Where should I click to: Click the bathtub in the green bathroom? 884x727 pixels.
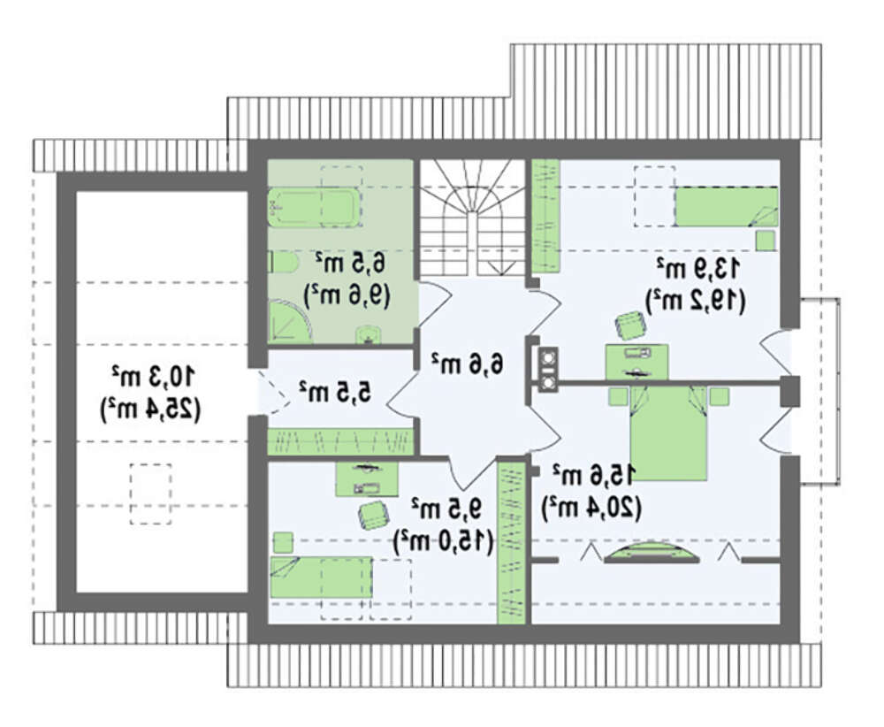[314, 207]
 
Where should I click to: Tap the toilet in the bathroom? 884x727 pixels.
[283, 263]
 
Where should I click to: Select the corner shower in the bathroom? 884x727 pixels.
[289, 321]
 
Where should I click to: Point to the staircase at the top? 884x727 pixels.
[472, 218]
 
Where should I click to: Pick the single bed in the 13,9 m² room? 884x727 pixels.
[727, 207]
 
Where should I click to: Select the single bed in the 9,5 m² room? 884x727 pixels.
[321, 577]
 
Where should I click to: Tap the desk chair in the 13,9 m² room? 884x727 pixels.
[629, 325]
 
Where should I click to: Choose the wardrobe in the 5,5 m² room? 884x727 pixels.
[340, 441]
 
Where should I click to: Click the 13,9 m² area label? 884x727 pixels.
[697, 268]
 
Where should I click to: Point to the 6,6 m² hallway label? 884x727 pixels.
[467, 363]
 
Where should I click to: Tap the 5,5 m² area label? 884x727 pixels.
[335, 391]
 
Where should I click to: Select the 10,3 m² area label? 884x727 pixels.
[153, 376]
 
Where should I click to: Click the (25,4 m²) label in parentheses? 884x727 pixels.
[150, 409]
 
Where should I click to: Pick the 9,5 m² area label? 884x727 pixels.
[446, 509]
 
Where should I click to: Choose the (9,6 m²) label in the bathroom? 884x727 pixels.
[347, 295]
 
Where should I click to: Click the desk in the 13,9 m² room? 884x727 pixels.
[637, 362]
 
